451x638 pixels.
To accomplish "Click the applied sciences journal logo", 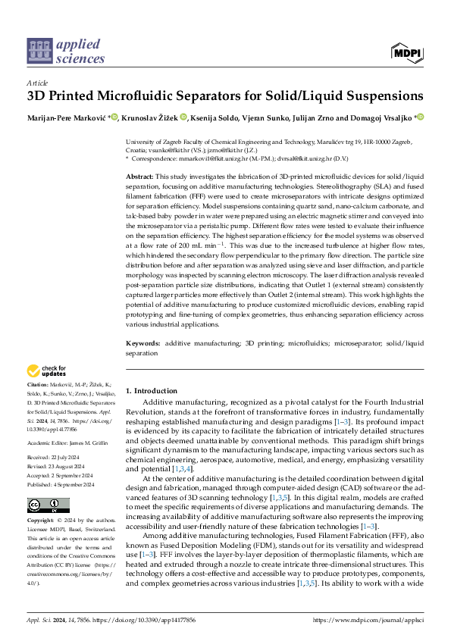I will (x=66, y=50).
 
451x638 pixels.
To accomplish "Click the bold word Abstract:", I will (x=142, y=176).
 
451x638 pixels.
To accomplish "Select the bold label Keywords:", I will (x=145, y=343).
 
